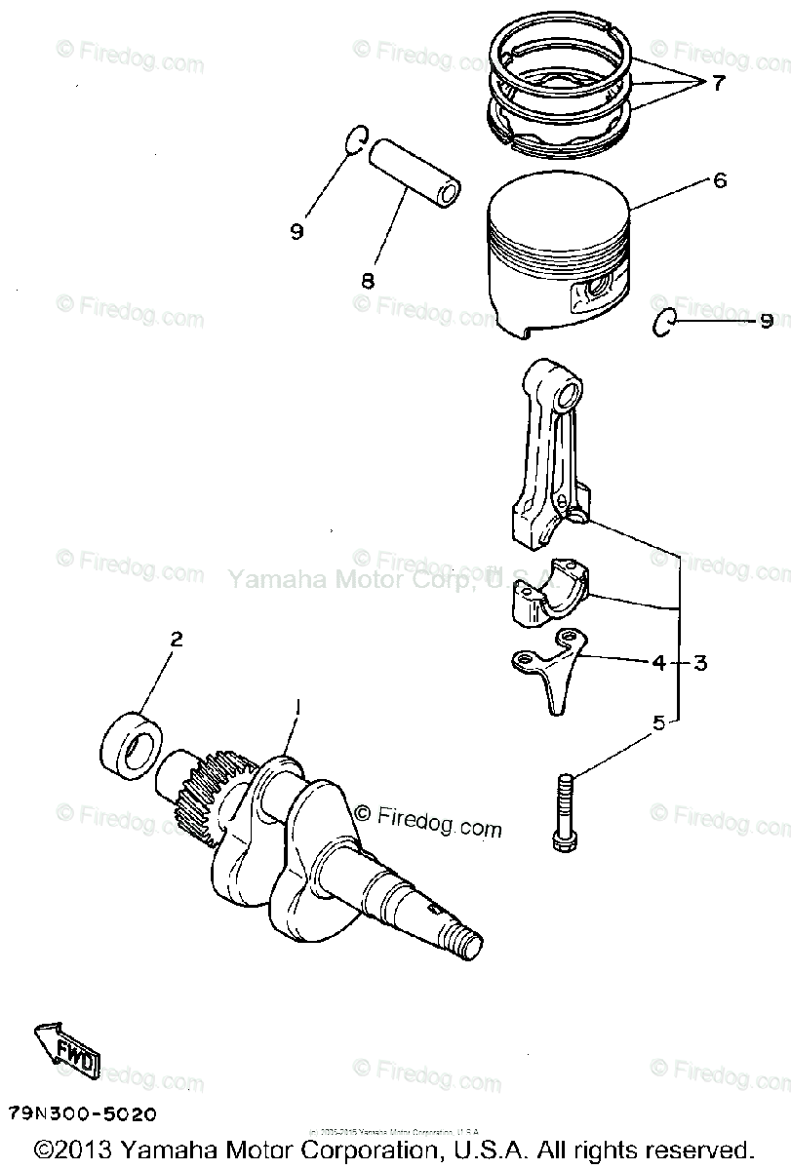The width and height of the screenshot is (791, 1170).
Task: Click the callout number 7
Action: tap(719, 83)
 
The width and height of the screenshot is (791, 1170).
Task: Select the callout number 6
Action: tap(720, 180)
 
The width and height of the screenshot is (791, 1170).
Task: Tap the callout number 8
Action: tap(368, 282)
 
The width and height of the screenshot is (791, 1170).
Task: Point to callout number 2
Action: tap(177, 640)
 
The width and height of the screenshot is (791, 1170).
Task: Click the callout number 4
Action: tap(658, 663)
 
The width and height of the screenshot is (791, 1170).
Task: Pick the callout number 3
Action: tap(700, 663)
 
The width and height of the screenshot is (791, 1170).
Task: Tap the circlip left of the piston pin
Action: tap(357, 140)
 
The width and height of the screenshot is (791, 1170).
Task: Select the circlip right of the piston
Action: tap(662, 323)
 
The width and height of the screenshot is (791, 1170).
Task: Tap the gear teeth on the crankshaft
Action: tap(205, 795)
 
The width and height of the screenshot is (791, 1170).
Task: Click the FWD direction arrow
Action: tap(64, 1050)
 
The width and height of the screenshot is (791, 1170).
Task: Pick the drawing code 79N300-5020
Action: tap(82, 1112)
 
